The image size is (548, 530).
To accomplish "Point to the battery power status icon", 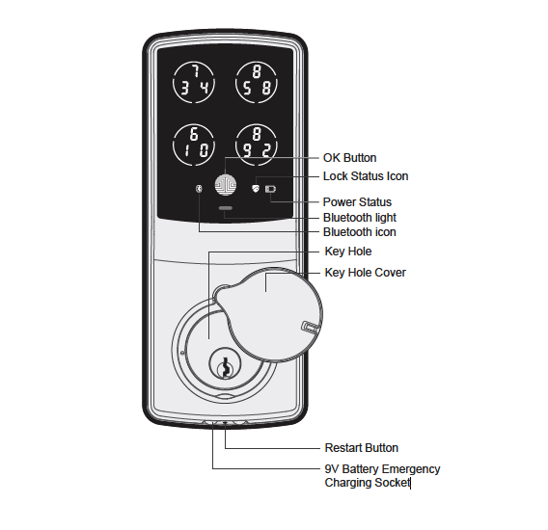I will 271,189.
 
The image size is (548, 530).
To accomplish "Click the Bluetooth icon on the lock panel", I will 199,189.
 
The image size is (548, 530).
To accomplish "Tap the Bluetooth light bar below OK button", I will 226,208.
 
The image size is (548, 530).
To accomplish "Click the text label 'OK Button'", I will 349,158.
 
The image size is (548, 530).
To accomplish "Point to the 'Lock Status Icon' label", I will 366,176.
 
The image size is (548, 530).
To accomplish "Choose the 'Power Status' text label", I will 357,202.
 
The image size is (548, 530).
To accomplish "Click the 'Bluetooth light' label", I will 359,218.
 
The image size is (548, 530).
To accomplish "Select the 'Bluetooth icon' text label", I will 360,232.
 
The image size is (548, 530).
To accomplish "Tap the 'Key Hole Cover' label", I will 365,273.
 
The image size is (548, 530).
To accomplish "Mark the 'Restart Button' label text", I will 361,448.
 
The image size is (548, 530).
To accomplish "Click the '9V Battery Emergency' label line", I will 382,469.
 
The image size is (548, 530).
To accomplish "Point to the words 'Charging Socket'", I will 367,482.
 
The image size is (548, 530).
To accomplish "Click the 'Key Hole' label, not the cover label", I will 347,252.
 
